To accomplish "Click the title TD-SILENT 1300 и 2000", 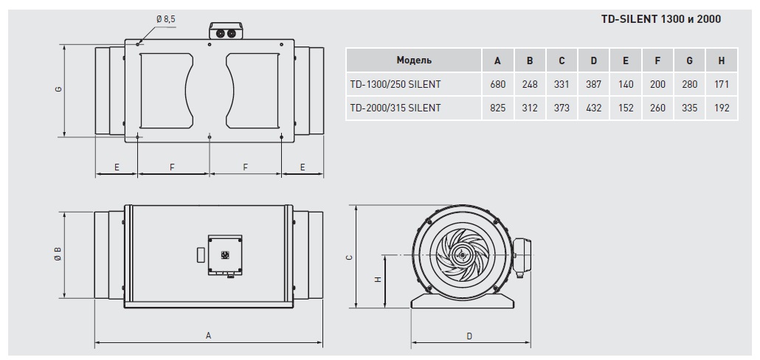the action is [x=660, y=19].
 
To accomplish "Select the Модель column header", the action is [x=414, y=60].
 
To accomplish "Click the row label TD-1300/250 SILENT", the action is [x=395, y=84].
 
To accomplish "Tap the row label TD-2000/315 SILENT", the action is [x=395, y=108].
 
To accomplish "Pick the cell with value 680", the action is [x=498, y=84].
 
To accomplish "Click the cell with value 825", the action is [x=498, y=108].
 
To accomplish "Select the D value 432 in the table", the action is [x=594, y=108].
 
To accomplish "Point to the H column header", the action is [x=722, y=61].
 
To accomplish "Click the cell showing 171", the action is [x=722, y=84].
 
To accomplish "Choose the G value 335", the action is [x=690, y=108].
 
